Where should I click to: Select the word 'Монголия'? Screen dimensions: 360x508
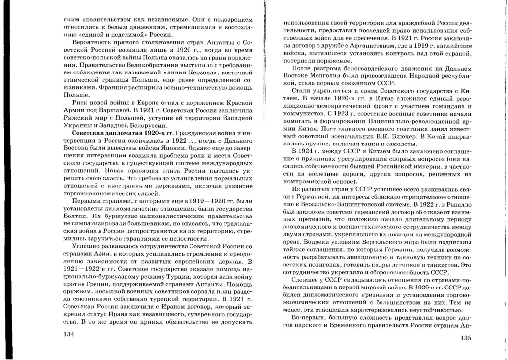tap(323, 76)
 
